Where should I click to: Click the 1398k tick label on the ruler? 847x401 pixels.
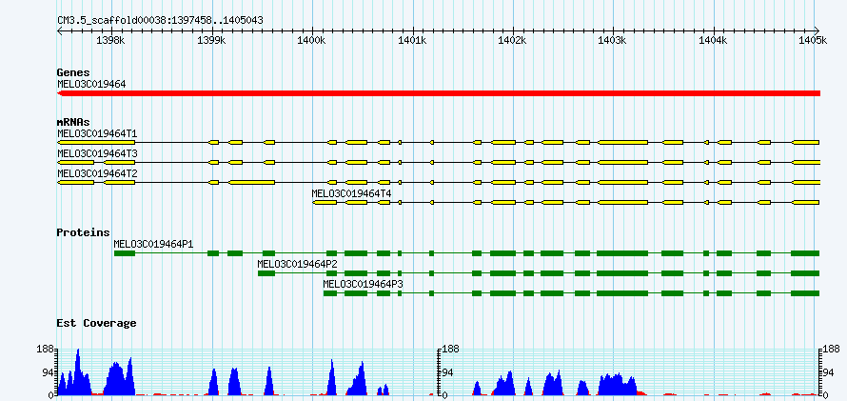click(111, 41)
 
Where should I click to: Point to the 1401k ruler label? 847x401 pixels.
click(413, 41)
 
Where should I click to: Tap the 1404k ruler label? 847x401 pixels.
click(714, 41)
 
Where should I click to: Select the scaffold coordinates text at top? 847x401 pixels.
click(161, 21)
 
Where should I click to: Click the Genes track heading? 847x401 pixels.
click(73, 72)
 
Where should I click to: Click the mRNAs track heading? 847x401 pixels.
click(73, 122)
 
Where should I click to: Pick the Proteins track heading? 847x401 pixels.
click(83, 232)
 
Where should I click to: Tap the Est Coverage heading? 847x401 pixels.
click(96, 323)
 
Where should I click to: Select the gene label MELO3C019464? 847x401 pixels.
click(91, 84)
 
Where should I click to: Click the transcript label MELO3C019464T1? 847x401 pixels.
click(97, 133)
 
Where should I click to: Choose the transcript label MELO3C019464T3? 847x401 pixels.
click(97, 154)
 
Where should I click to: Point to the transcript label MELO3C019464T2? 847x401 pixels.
click(97, 174)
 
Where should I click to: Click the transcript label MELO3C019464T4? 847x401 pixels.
click(352, 193)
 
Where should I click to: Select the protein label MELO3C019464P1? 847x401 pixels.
click(153, 244)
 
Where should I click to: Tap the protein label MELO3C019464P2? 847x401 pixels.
click(298, 264)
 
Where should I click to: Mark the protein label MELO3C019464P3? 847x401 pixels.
click(363, 284)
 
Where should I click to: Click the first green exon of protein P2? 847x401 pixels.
click(266, 273)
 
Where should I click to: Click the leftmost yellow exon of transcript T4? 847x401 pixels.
click(325, 203)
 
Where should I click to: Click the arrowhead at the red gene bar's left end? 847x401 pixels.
click(60, 93)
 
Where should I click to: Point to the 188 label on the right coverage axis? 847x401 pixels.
click(833, 350)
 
